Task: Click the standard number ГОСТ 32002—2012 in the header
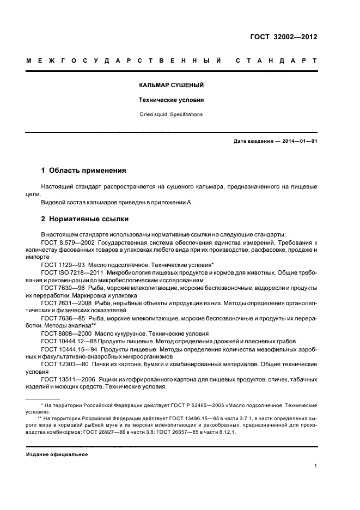284,38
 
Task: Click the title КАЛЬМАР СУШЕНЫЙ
171,86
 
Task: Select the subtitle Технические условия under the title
171,101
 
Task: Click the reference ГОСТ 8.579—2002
65,241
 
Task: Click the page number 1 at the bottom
316,465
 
